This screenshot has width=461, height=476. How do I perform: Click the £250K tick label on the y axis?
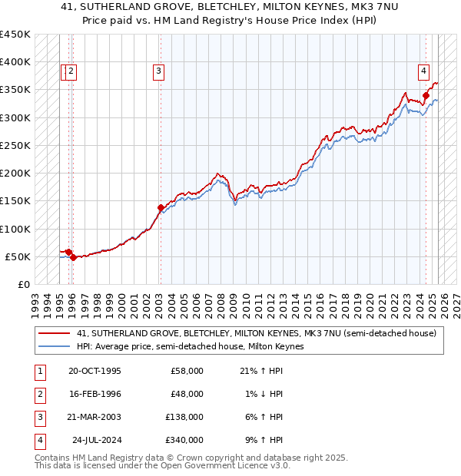pos(15,145)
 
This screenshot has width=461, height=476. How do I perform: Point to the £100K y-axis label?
pos(15,229)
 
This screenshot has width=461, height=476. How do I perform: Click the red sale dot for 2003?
pos(161,207)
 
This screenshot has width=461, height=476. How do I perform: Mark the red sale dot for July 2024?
pos(425,95)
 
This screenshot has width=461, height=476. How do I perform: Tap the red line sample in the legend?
pos(55,333)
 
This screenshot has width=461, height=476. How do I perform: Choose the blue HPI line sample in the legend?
pos(55,346)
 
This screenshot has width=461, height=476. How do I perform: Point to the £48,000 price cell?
pos(187,393)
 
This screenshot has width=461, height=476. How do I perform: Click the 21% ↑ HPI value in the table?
pos(260,371)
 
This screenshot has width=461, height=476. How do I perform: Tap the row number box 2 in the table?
pos(39,394)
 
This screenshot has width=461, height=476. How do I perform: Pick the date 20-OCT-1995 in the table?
pos(94,371)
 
